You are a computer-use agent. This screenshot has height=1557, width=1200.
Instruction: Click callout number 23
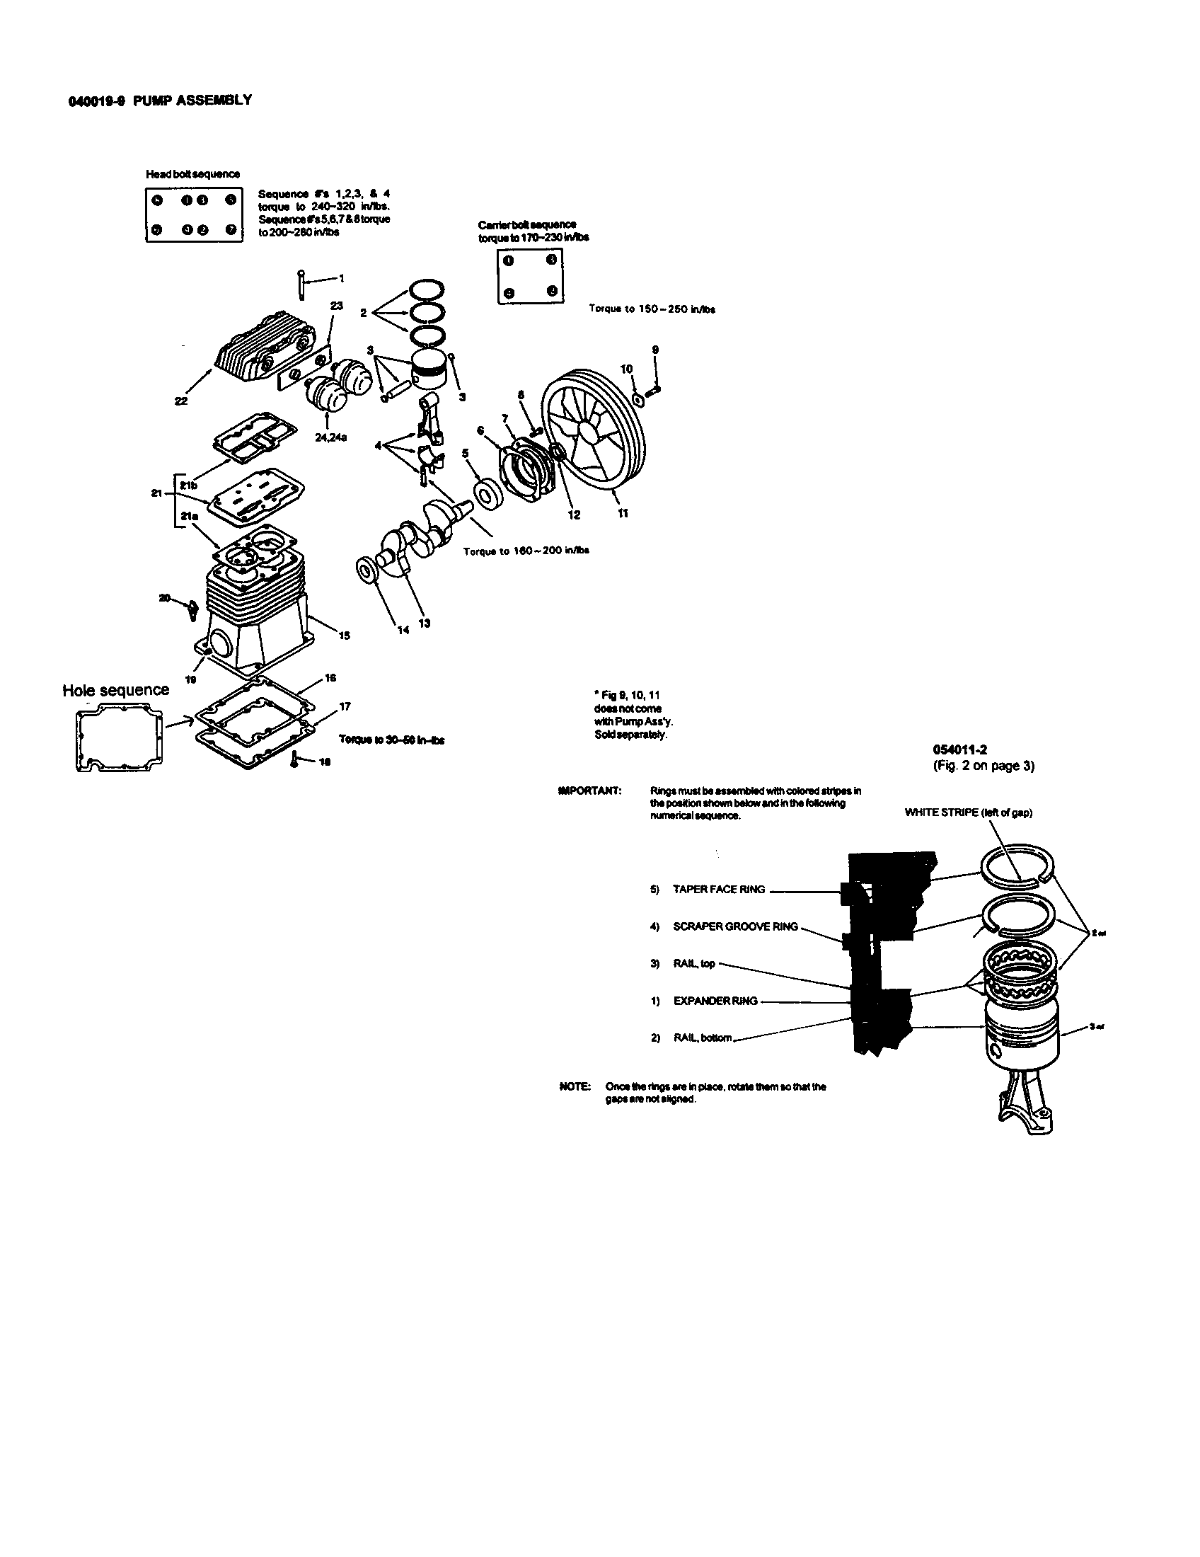[337, 306]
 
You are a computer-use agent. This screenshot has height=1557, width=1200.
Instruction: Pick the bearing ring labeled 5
[488, 493]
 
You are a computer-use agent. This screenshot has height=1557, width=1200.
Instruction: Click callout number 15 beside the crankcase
[344, 636]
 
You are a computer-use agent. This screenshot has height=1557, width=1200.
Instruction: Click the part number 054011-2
[960, 749]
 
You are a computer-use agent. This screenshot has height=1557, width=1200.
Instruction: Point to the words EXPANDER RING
[715, 1001]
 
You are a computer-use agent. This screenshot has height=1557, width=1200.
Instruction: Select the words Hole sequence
[115, 690]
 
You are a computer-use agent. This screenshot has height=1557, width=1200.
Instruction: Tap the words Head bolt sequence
[192, 174]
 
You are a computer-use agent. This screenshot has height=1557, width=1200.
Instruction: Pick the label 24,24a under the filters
[330, 437]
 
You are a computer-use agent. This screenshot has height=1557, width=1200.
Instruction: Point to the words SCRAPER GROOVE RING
[735, 927]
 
